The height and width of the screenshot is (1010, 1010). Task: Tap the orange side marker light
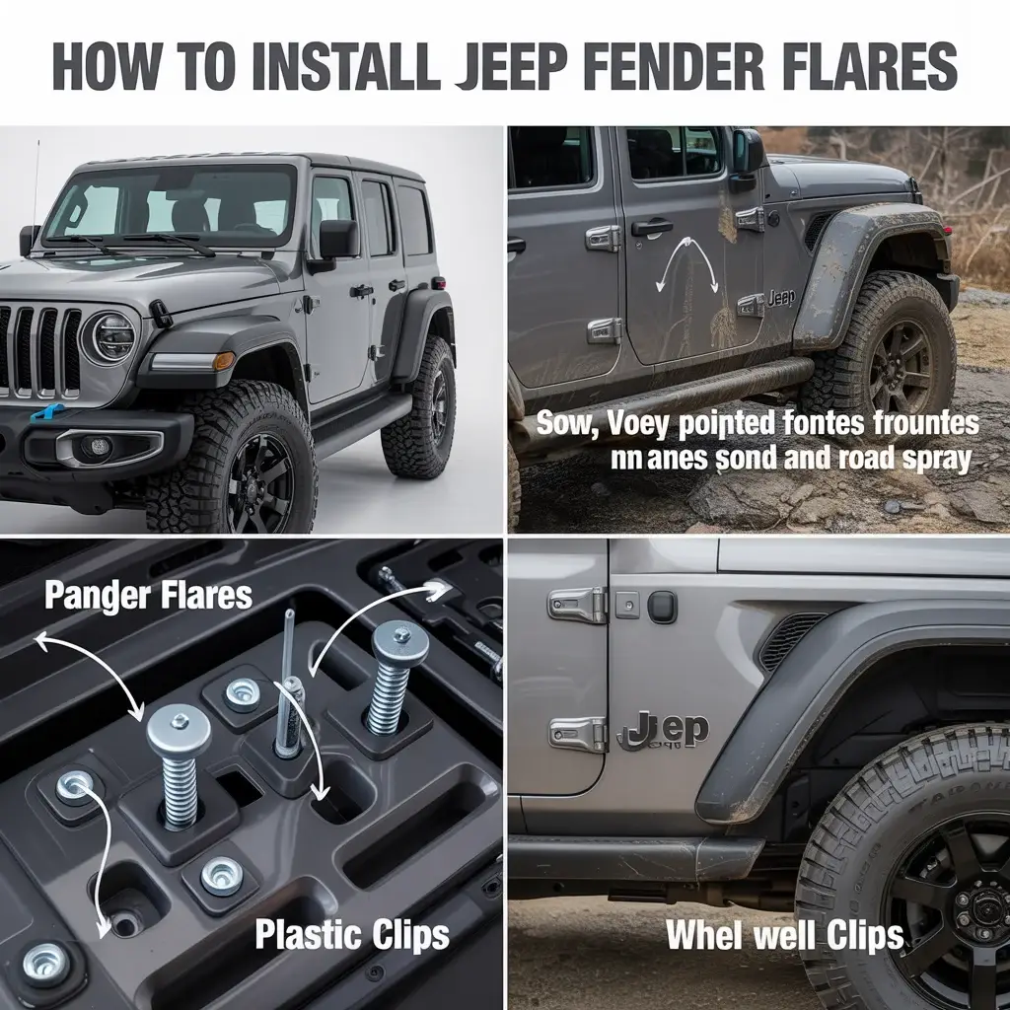[x=224, y=361]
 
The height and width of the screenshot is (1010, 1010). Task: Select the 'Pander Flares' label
[x=148, y=596]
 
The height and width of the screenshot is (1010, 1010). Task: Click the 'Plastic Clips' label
[x=352, y=933]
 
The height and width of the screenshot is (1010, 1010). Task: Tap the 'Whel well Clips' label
[x=784, y=935]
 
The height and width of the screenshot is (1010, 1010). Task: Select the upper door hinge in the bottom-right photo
[x=577, y=605]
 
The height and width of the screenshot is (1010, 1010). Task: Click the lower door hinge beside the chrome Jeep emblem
[x=577, y=733]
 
